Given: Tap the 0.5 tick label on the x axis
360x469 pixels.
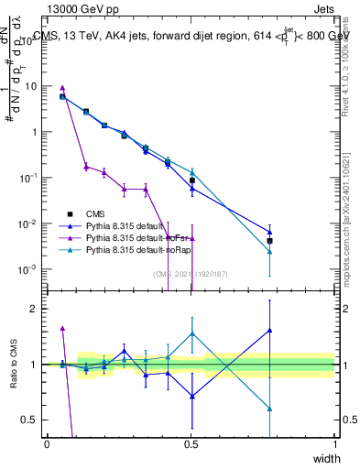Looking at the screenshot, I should coord(191,443).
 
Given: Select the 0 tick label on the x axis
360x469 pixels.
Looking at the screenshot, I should coord(47,443).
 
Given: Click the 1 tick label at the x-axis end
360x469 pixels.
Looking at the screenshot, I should coord(334,443).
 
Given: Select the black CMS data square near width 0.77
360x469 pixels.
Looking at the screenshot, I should coord(269,241).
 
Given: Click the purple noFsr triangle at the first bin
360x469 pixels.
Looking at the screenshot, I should coord(62,88).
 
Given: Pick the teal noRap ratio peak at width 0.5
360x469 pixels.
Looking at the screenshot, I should coord(191,333).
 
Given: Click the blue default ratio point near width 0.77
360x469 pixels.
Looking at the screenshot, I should coord(269,330).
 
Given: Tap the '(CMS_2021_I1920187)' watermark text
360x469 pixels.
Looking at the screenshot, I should coord(191,273).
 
